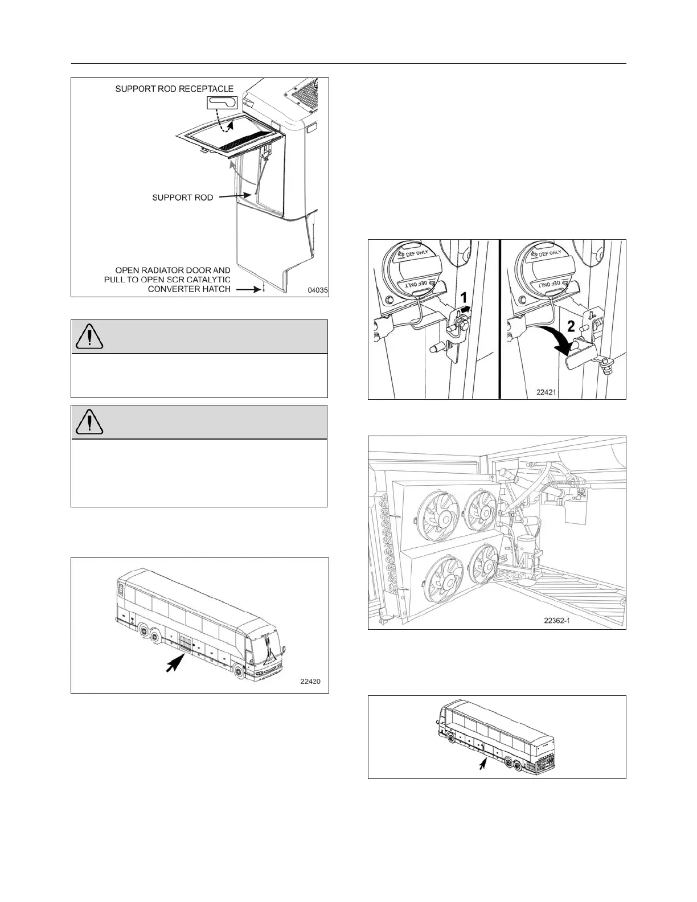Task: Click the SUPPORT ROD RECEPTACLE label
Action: [x=174, y=89]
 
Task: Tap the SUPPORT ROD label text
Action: [x=182, y=198]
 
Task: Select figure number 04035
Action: [x=317, y=290]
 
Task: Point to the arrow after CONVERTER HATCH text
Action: [x=248, y=289]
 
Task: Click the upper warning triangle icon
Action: [x=88, y=337]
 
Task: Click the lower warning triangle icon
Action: [x=88, y=422]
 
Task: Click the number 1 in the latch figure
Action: [x=464, y=297]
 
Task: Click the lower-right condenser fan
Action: [x=485, y=568]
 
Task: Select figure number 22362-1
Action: [x=555, y=621]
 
